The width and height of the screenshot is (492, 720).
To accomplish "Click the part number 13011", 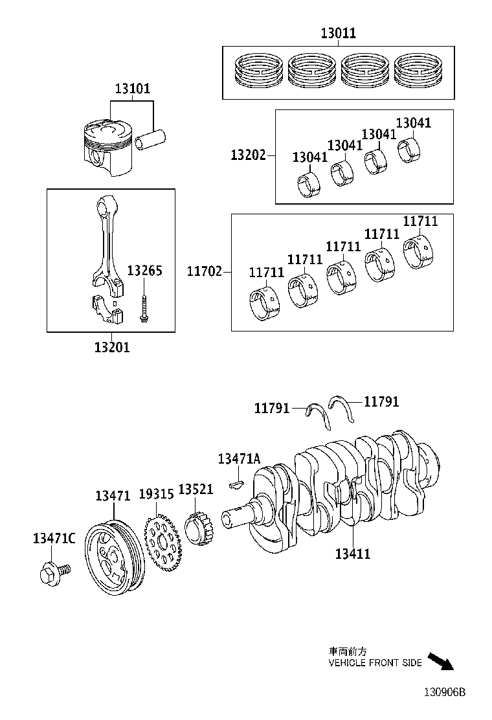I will pos(339,34).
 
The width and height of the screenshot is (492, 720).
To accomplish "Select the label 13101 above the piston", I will pos(133,89).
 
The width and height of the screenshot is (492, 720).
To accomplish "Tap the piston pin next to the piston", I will pos(151,139).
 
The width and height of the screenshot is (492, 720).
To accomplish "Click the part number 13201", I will pos(112,347).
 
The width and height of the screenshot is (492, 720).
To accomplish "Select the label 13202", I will pos(248,155).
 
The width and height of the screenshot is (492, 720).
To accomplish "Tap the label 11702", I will pos(205,273).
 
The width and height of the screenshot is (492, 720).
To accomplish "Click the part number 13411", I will pos(353,554).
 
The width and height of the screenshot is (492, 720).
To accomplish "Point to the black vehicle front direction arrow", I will pos(442,662).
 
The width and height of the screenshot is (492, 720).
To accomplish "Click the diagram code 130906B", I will pos(445,692).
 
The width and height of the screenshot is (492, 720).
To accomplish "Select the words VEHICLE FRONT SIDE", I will pos(375,663).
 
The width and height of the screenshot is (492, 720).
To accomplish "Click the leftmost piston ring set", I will pos(259,71).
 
